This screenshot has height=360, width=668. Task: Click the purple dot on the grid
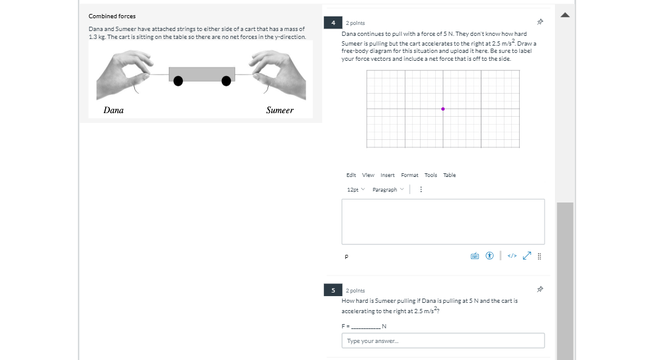pos(442,109)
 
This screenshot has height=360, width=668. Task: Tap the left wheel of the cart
pos(178,81)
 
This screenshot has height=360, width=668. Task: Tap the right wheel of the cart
pos(226,81)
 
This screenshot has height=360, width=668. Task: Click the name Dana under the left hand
pos(114,110)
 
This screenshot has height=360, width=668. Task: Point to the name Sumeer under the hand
pos(280,110)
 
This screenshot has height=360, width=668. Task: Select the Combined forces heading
pos(112,16)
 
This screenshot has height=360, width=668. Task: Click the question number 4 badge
pos(333,22)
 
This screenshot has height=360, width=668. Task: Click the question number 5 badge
pos(333,291)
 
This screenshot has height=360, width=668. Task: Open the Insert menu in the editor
pos(387,175)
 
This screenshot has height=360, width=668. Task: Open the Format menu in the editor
pos(409,175)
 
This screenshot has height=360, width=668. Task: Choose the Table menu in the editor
pos(449,175)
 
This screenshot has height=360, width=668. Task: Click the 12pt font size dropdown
pos(356,190)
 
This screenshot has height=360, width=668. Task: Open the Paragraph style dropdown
pos(388,190)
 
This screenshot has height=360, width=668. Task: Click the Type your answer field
pos(443,341)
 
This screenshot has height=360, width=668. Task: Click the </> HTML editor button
pos(512,256)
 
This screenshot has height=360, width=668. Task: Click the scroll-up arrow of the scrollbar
pos(565,15)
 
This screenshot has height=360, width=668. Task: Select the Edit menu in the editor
pos(351,175)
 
